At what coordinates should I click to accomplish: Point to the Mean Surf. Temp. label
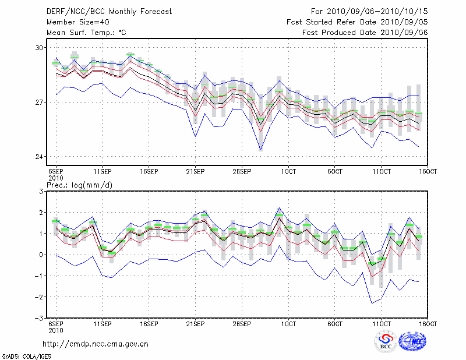point(86,33)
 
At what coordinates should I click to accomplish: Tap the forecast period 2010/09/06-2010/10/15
point(369,11)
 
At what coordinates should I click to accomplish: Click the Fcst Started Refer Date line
point(357,22)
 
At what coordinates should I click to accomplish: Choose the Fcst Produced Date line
point(365,33)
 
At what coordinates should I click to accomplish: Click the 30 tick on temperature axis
point(40,47)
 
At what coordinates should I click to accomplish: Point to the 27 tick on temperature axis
point(40,103)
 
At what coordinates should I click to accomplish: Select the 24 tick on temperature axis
point(40,157)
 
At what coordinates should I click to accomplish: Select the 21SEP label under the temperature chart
point(195,171)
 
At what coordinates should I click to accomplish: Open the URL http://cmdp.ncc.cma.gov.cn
point(96,344)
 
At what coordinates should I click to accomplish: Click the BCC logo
point(385,342)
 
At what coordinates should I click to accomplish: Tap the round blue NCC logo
point(415,341)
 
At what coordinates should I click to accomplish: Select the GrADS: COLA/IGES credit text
point(22,355)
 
